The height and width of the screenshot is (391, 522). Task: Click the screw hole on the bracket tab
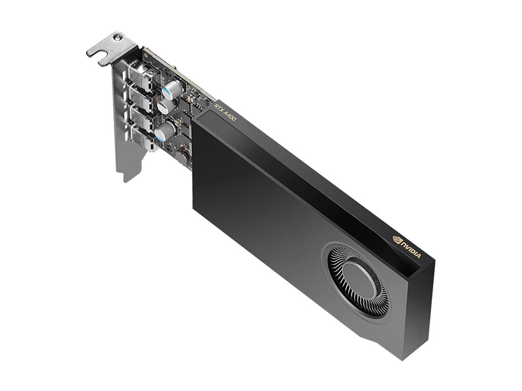pyautogui.click(x=118, y=38)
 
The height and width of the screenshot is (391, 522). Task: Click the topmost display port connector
pyautogui.click(x=139, y=73)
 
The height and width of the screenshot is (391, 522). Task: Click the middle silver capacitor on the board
pyautogui.click(x=166, y=106)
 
